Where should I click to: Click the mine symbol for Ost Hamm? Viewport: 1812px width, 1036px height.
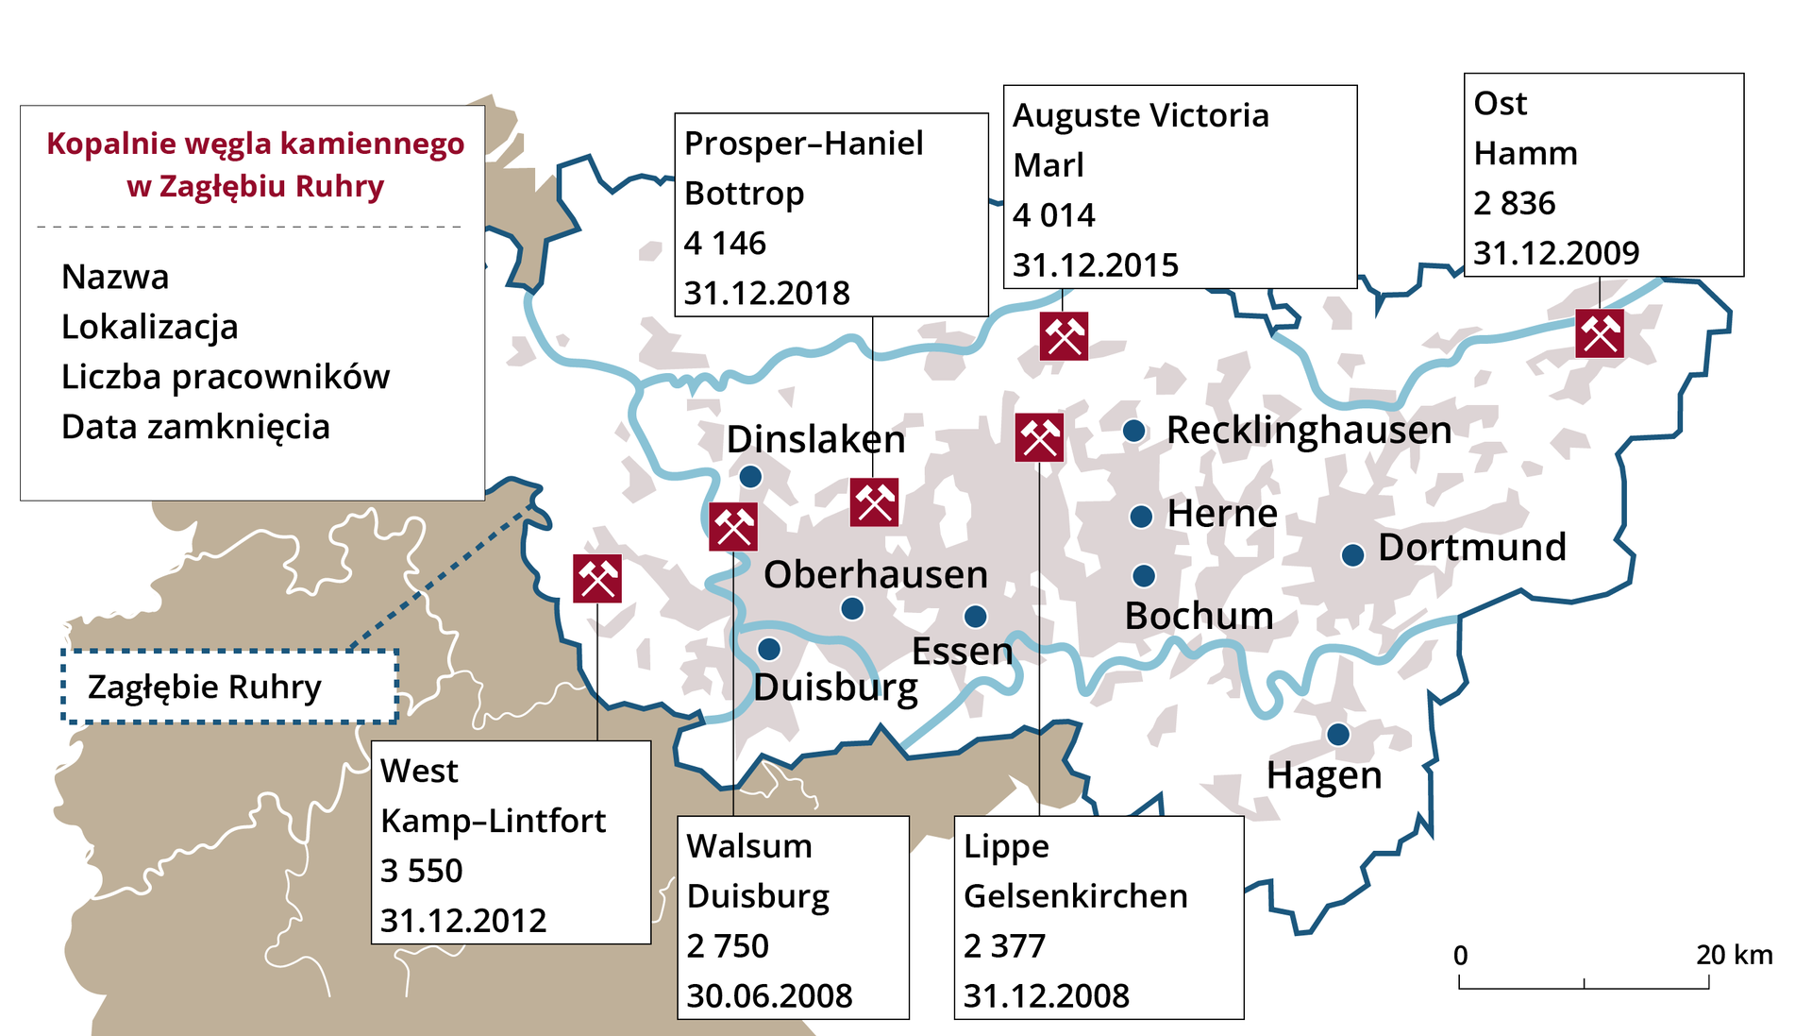(x=1600, y=333)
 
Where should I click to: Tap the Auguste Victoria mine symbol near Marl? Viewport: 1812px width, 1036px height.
(x=1064, y=336)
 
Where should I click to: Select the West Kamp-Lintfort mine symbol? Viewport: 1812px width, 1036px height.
(x=597, y=579)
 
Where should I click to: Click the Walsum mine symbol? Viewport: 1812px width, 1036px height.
(x=733, y=527)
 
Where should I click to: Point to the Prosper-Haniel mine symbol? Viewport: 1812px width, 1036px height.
(x=874, y=502)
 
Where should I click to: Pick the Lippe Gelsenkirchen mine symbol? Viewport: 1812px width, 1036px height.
(x=1039, y=437)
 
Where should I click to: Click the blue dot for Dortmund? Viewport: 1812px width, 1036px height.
(x=1352, y=555)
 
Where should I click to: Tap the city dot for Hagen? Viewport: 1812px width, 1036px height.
(x=1337, y=735)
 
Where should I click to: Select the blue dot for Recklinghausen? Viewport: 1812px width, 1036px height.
(x=1134, y=432)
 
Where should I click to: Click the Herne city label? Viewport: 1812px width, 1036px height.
(x=1222, y=514)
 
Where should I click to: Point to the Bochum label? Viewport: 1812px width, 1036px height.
(x=1199, y=616)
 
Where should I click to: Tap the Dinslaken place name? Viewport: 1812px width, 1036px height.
(x=815, y=440)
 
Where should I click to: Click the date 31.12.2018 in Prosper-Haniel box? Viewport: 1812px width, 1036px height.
(x=766, y=293)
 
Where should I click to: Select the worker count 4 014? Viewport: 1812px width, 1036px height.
(x=1053, y=215)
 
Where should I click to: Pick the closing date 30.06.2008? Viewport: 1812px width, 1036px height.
(x=769, y=995)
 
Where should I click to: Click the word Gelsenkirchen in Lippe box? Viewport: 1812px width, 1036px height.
(x=1075, y=895)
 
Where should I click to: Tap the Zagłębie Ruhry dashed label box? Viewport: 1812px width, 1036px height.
(x=229, y=687)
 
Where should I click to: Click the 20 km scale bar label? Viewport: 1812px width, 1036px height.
(x=1734, y=955)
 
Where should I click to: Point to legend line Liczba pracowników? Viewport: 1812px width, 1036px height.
(x=225, y=377)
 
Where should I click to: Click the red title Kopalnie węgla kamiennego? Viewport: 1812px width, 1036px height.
(x=255, y=144)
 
